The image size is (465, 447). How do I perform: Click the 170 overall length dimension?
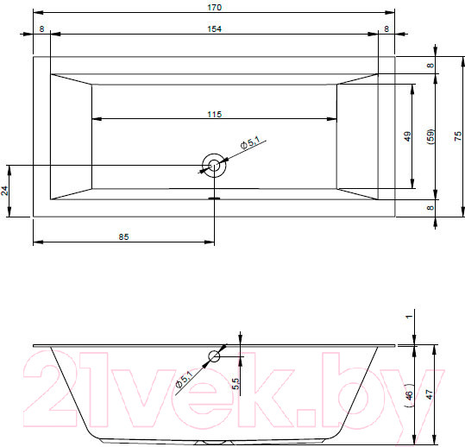[x=215, y=7]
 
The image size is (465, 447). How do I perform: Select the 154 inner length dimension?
[x=215, y=29]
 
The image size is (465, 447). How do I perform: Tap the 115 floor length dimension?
[x=215, y=114]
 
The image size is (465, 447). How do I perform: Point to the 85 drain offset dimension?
[x=123, y=236]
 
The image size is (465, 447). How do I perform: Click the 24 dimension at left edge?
[x=4, y=191]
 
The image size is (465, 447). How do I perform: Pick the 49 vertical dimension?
[x=407, y=136]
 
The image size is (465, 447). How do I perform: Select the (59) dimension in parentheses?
[x=430, y=136]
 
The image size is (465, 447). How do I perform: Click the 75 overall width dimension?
[x=458, y=136]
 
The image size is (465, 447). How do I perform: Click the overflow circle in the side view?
[x=214, y=356]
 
